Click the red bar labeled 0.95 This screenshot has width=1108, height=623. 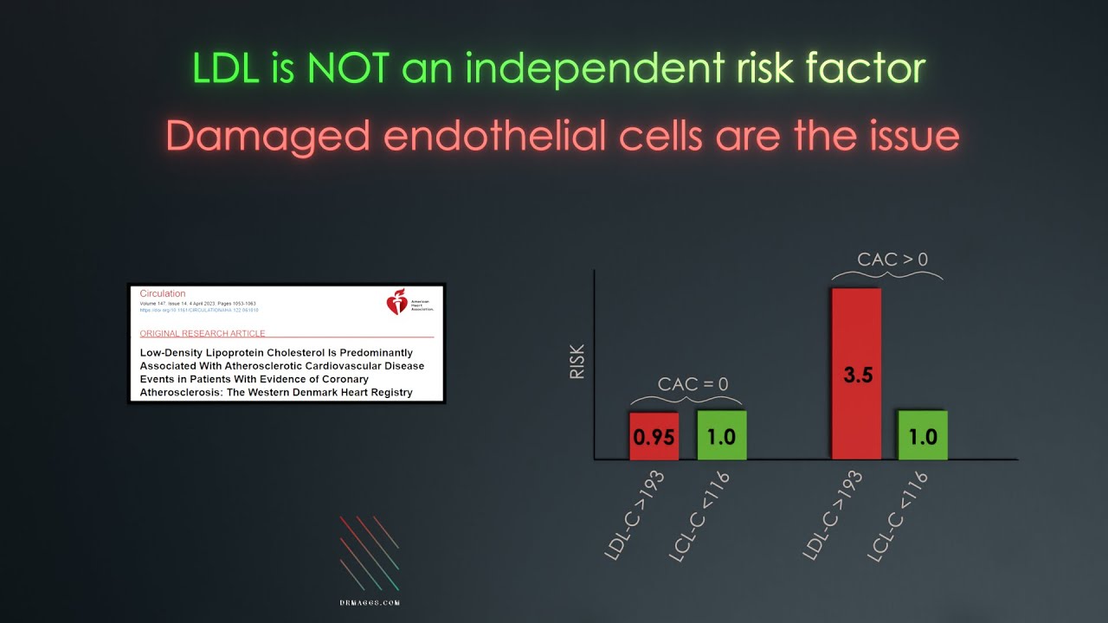654,435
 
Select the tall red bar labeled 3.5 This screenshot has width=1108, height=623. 856,374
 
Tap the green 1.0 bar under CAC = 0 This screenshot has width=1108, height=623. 721,435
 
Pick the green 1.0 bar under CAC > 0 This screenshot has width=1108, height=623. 923,435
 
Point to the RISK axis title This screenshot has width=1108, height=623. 577,362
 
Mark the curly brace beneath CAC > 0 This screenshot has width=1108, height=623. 886,276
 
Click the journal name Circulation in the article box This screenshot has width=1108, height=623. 163,294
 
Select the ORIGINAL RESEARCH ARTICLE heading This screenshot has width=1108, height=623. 202,333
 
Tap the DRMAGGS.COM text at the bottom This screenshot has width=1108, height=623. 370,603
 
